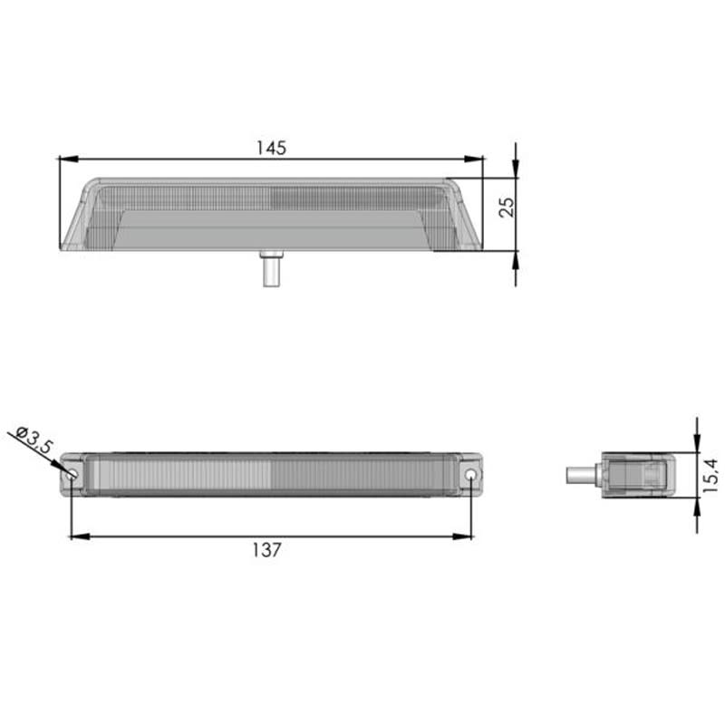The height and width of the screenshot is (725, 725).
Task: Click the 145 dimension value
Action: pyautogui.click(x=270, y=148)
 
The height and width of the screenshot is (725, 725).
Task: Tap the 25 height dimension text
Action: pyautogui.click(x=507, y=207)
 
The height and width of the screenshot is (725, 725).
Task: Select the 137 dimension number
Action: pyautogui.click(x=269, y=549)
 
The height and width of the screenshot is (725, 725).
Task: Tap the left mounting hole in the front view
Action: pyautogui.click(x=71, y=474)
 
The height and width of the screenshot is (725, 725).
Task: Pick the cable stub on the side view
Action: pyautogui.click(x=578, y=474)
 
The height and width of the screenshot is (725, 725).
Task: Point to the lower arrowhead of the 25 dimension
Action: pyautogui.click(x=516, y=259)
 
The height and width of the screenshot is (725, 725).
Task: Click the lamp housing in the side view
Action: pyautogui.click(x=634, y=474)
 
